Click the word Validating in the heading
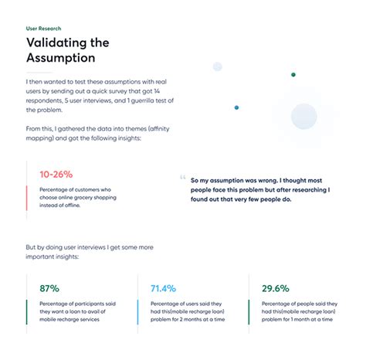(x=56, y=42)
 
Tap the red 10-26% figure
(x=56, y=175)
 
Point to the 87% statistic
(x=49, y=289)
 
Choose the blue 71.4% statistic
(x=164, y=289)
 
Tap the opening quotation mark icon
(x=182, y=175)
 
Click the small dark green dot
(x=293, y=75)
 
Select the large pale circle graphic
(x=303, y=117)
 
